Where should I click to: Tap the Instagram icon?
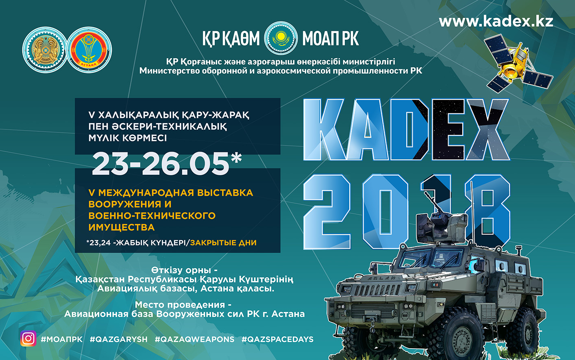pyautogui.click(x=28, y=338)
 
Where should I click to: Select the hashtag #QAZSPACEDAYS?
pyautogui.click(x=277, y=339)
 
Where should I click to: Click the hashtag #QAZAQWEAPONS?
pyautogui.click(x=194, y=339)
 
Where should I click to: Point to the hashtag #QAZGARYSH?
pyautogui.click(x=119, y=339)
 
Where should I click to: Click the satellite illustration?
pyautogui.click(x=519, y=64)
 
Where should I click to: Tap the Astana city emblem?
pyautogui.click(x=89, y=50)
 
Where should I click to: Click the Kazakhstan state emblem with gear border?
pyautogui.click(x=45, y=50)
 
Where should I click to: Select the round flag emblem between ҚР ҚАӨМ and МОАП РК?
pyautogui.click(x=281, y=38)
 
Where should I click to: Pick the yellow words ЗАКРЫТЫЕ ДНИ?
pyautogui.click(x=223, y=243)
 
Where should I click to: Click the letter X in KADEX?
pyautogui.click(x=488, y=130)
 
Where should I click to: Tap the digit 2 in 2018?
pyautogui.click(x=327, y=212)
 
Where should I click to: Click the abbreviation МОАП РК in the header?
pyautogui.click(x=331, y=39)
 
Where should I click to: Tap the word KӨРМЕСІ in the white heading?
pyautogui.click(x=144, y=138)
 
